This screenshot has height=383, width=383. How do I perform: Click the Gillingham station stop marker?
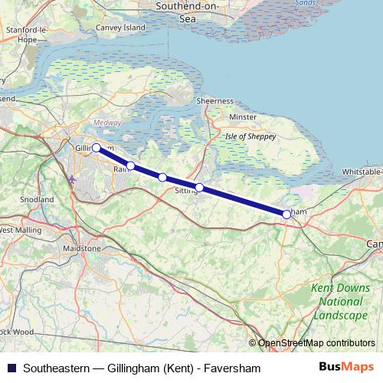[x=97, y=148]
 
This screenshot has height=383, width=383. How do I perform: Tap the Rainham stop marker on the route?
[x=131, y=165]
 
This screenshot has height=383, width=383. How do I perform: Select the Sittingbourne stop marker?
[x=199, y=188]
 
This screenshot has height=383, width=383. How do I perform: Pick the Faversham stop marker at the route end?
[x=286, y=214]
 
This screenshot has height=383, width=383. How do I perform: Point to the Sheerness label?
[x=214, y=100]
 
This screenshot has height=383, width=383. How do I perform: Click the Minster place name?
[x=243, y=117]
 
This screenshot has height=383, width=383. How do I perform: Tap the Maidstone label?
[x=82, y=249]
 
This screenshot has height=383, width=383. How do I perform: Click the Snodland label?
[x=37, y=199]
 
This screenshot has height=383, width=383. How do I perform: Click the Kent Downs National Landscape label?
[x=339, y=302]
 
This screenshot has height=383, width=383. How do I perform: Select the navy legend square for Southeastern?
[x=11, y=368]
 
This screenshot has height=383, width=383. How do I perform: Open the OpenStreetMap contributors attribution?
[x=316, y=342]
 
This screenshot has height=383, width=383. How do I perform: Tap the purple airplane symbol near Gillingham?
[x=73, y=179]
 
